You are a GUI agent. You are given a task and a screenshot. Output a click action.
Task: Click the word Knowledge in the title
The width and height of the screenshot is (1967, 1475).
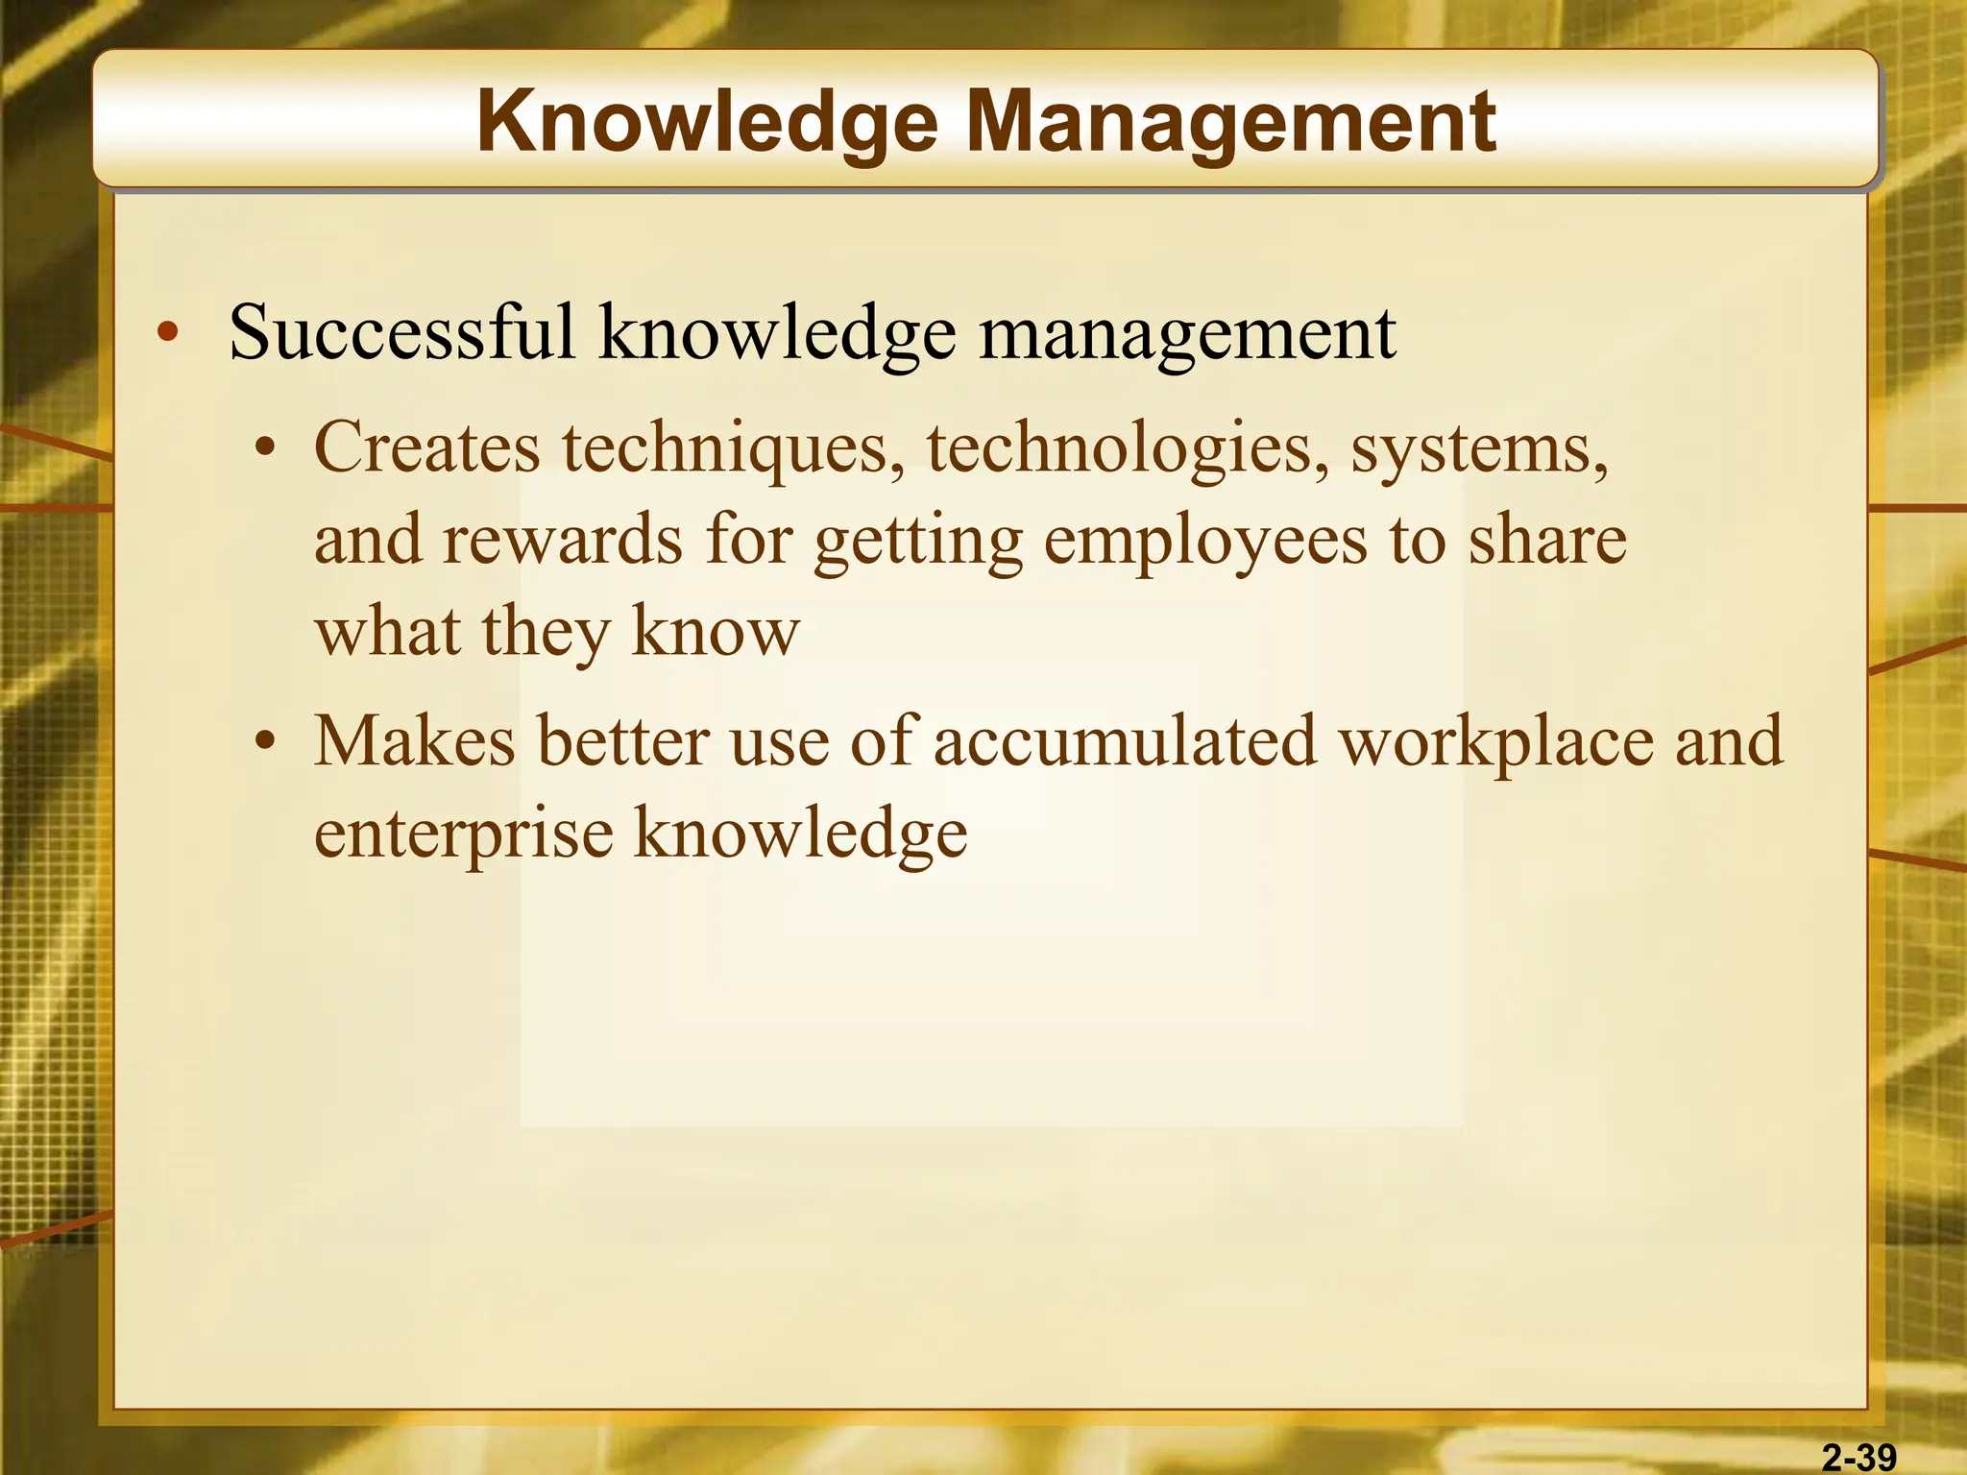(x=706, y=123)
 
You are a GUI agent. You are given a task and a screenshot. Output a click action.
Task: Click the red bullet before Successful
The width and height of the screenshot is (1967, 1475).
(x=168, y=332)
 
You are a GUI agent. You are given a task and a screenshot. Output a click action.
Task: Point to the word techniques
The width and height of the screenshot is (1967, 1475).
(x=733, y=447)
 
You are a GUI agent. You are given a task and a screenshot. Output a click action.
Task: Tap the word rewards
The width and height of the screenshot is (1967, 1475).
(x=563, y=540)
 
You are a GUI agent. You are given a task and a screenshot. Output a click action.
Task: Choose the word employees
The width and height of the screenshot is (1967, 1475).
(x=1204, y=542)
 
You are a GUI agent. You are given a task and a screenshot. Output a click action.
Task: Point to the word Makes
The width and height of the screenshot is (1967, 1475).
(x=415, y=741)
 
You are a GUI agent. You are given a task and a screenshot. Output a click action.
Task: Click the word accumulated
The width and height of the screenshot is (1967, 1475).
(x=1125, y=741)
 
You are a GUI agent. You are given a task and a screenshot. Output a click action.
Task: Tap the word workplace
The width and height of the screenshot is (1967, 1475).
(x=1496, y=743)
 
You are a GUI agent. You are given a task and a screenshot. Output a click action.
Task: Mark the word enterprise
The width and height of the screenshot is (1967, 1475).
(x=464, y=834)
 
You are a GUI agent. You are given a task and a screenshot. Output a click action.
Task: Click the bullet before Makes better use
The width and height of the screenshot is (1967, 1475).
(x=266, y=743)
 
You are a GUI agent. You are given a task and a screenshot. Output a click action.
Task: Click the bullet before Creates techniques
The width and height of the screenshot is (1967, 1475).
(x=266, y=449)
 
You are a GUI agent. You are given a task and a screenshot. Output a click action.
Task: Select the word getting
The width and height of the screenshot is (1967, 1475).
(x=918, y=542)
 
